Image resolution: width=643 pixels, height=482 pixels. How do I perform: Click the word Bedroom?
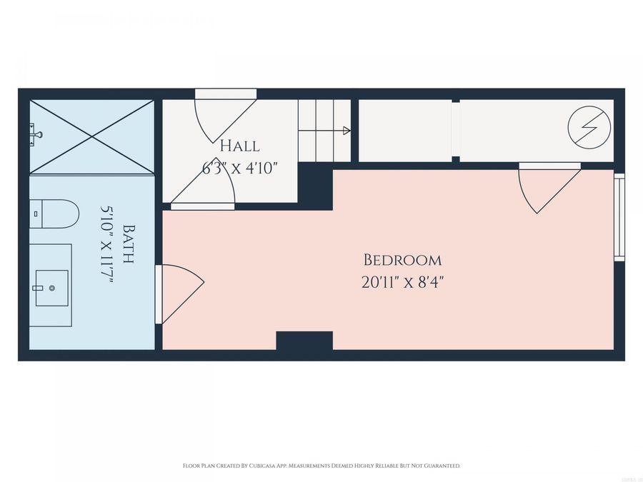(402, 260)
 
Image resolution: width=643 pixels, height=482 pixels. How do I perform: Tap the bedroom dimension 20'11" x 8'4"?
(402, 282)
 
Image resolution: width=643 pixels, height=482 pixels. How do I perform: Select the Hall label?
(239, 146)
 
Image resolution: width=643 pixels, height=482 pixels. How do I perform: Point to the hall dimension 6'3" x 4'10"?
(239, 169)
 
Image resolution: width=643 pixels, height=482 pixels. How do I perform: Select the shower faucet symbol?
(36, 133)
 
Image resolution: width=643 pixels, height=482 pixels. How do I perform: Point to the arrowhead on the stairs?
(347, 131)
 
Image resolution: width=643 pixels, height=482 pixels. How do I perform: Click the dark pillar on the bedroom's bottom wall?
(304, 341)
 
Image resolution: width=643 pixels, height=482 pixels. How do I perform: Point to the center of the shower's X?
(91, 136)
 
